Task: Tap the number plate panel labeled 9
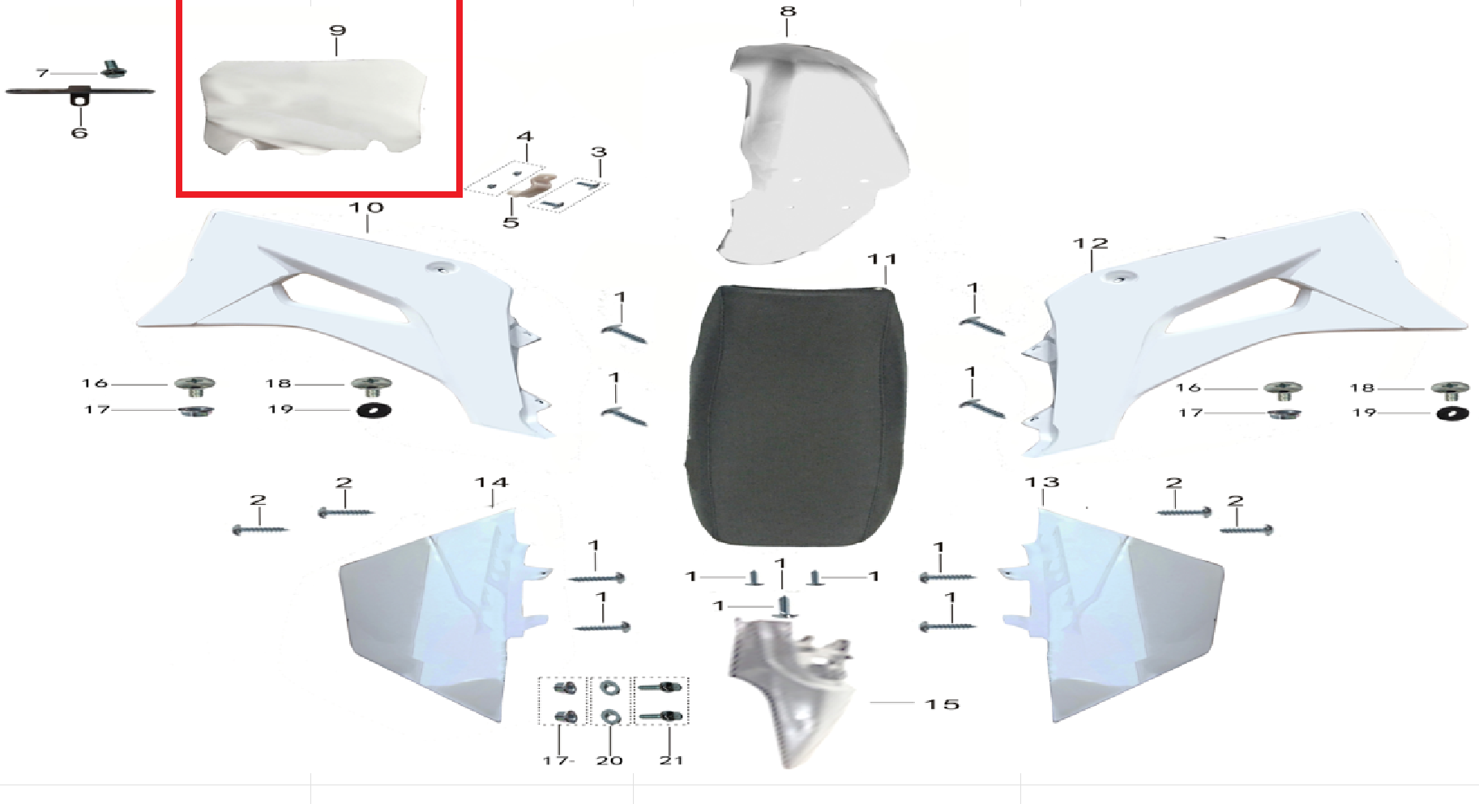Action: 314,105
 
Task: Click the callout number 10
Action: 366,207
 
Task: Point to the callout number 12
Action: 1090,243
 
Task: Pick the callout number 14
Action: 491,482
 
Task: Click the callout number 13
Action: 1042,482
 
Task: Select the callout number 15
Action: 943,704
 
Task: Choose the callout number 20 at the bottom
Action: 609,760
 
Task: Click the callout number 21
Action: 671,760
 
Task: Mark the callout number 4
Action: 525,137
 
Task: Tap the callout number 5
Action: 511,222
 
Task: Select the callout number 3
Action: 599,152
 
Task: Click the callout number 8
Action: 788,11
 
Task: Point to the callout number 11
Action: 882,259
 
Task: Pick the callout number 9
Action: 337,31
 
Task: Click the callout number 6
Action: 79,132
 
